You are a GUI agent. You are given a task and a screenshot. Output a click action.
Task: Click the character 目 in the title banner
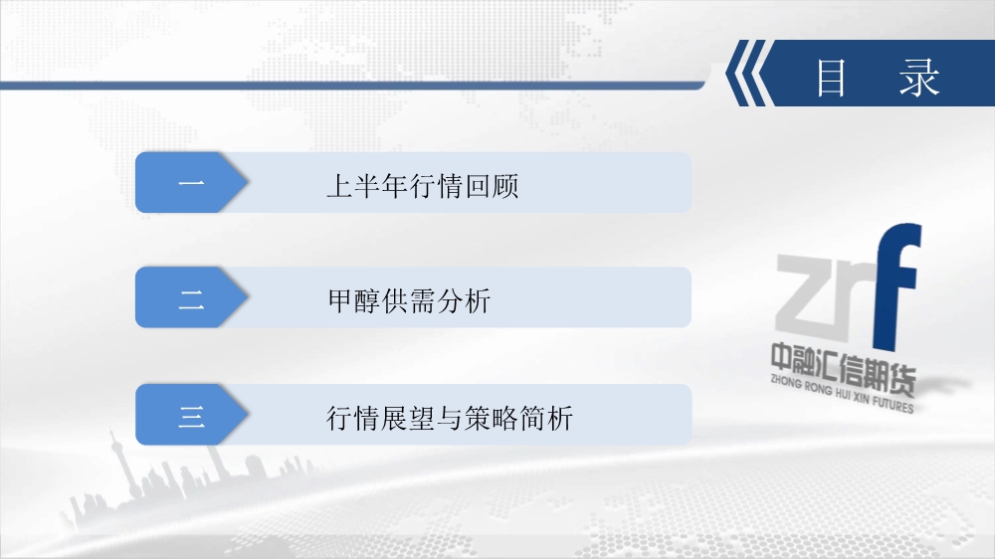tap(831, 78)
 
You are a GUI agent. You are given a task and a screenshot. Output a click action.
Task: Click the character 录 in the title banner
tap(919, 78)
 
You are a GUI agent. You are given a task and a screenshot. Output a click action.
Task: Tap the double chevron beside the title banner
tap(749, 73)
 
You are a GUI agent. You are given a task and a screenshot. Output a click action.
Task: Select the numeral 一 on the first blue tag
tap(191, 183)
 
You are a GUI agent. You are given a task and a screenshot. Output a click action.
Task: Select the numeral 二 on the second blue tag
tap(191, 299)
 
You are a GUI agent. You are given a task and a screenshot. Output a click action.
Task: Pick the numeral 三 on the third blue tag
tap(191, 416)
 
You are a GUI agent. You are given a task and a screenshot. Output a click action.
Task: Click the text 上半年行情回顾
tap(423, 186)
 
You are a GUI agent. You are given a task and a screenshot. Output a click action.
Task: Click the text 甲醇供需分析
tap(409, 300)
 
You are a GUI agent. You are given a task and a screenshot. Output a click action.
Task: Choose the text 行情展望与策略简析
tap(450, 418)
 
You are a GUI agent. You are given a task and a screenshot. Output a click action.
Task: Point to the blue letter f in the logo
tap(895, 285)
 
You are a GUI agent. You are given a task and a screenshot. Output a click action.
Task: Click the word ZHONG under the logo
tap(786, 381)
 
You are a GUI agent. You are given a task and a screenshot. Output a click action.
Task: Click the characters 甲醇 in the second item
tap(354, 300)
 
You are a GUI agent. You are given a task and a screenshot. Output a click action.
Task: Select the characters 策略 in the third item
tap(492, 418)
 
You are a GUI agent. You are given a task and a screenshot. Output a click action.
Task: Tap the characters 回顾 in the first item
tap(493, 186)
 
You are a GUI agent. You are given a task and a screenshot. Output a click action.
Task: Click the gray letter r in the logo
tap(857, 290)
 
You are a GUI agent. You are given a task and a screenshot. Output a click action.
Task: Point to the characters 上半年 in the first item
tap(367, 186)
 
